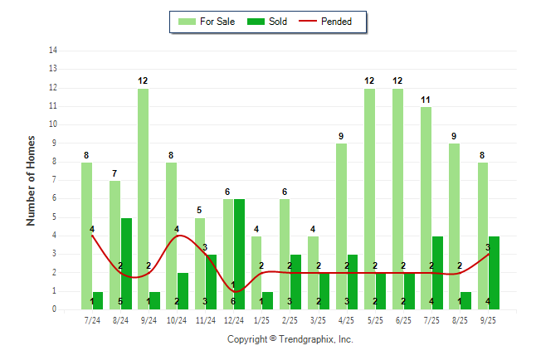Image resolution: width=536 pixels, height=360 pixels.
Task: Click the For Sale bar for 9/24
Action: click(143, 199)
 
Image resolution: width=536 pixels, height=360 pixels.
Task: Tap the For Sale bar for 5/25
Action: click(369, 199)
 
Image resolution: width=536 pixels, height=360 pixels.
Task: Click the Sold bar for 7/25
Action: click(437, 273)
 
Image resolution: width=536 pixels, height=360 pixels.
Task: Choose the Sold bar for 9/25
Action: click(494, 273)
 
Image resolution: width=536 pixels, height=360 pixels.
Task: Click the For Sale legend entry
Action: click(207, 22)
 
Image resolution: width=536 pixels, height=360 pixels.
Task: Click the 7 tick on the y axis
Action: click(55, 180)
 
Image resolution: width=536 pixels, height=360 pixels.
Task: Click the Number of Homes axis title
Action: click(32, 180)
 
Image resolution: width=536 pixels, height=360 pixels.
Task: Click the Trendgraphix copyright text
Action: click(290, 339)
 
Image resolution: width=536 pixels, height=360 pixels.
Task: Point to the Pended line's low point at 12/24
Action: click(233, 291)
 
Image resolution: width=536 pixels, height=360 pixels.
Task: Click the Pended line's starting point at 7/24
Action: click(92, 236)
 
